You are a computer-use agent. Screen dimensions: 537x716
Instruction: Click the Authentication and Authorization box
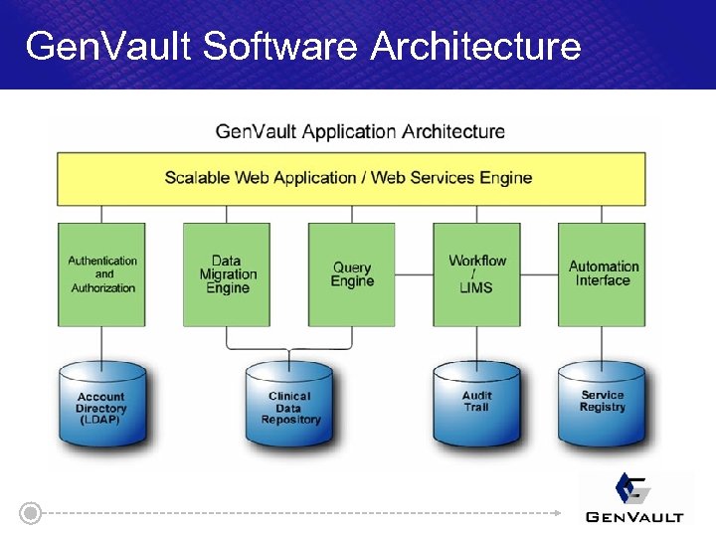[102, 274]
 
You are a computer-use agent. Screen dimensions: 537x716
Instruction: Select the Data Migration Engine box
[227, 274]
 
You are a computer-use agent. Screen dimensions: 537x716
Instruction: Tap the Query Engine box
[352, 274]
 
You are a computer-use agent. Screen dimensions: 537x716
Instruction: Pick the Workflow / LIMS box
[476, 274]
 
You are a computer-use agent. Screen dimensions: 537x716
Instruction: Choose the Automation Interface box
[602, 274]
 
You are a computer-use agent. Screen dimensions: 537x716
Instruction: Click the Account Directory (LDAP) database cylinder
[102, 409]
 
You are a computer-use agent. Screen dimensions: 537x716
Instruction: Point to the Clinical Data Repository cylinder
[289, 409]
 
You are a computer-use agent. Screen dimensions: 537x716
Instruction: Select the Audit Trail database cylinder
[476, 409]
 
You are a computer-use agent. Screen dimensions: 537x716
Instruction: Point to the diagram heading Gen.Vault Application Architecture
[360, 131]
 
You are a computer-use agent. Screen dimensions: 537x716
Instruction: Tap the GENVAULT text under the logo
[634, 516]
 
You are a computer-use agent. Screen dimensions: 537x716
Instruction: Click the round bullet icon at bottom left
[32, 513]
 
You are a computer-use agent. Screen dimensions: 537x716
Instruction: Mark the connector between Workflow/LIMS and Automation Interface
[539, 274]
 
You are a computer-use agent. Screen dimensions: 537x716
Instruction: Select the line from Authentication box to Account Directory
[102, 343]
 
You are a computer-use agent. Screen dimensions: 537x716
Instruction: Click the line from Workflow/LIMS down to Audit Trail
[476, 343]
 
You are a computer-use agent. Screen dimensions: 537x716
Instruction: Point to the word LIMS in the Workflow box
[476, 288]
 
